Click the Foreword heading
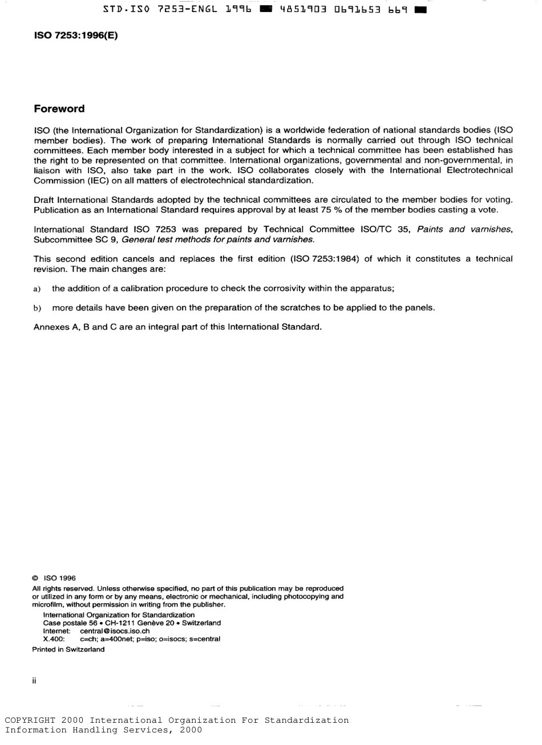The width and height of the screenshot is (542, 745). (59, 109)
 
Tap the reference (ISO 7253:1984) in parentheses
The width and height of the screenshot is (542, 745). (325, 259)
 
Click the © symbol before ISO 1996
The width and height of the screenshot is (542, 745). (36, 577)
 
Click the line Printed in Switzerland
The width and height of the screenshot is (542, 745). (68, 649)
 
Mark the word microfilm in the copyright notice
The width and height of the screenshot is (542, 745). (48, 604)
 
